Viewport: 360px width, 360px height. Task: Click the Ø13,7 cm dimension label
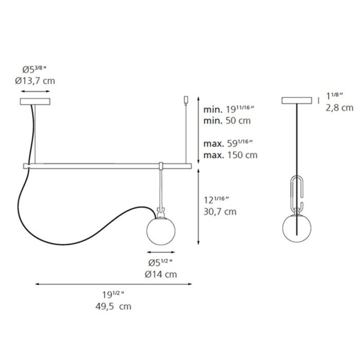pyautogui.click(x=35, y=81)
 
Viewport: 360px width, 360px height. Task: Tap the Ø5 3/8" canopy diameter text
pyautogui.click(x=34, y=69)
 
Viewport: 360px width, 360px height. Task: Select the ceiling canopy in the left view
pyautogui.click(x=35, y=101)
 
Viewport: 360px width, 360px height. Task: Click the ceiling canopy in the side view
pyautogui.click(x=297, y=101)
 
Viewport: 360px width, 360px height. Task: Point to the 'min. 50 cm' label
pyautogui.click(x=227, y=120)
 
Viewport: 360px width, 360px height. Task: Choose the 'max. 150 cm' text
pyautogui.click(x=230, y=155)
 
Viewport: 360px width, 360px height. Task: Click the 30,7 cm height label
pyautogui.click(x=220, y=211)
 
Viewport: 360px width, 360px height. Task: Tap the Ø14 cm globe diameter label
pyautogui.click(x=160, y=274)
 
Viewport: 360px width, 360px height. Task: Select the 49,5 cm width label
pyautogui.click(x=114, y=307)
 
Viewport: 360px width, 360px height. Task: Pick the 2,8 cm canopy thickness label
pyautogui.click(x=339, y=107)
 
